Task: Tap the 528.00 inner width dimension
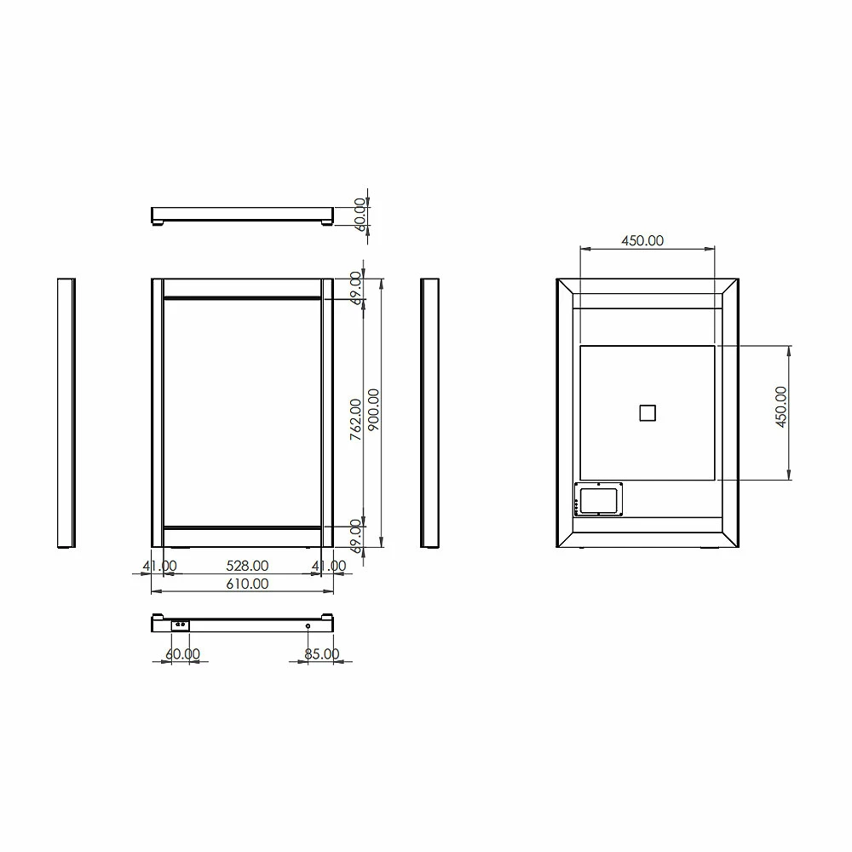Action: [x=246, y=566]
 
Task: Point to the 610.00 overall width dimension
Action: [x=246, y=584]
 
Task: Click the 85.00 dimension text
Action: [x=322, y=654]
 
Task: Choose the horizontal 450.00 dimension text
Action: [x=642, y=241]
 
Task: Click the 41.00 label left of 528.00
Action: [x=159, y=566]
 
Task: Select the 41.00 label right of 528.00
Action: [x=329, y=566]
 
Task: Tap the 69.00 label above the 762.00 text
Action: [x=356, y=286]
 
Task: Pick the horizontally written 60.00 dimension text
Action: [x=182, y=654]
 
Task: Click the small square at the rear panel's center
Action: [x=648, y=412]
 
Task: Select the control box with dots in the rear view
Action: [x=599, y=499]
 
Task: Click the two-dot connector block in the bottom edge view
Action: [x=180, y=625]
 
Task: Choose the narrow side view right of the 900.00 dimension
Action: [x=429, y=412]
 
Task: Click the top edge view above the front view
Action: [x=242, y=214]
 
